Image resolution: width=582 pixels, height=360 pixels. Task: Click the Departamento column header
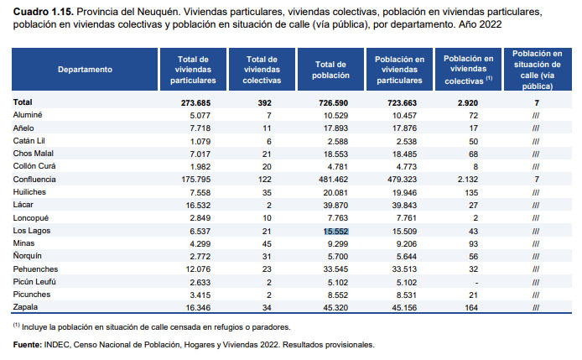tap(85, 70)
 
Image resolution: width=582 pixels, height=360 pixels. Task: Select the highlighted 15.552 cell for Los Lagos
tap(335, 231)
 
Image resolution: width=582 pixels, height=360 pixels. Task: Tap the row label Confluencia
tap(34, 180)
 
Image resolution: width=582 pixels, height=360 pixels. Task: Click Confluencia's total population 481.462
tap(333, 180)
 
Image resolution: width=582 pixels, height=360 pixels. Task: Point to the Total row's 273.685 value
tap(195, 103)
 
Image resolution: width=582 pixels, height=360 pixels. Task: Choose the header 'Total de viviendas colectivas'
tap(262, 70)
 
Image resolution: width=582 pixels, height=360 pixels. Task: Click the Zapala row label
tap(25, 307)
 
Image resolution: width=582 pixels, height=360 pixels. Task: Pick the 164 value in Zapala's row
tap(471, 308)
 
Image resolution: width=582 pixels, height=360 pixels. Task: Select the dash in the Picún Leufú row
tap(476, 283)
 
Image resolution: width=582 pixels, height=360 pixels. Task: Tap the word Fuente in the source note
tap(28, 345)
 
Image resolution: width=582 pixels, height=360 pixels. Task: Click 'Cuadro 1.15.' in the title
tap(44, 12)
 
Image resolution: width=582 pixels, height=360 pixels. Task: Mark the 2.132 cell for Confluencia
tap(468, 180)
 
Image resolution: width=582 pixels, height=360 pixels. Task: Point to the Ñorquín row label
tap(28, 256)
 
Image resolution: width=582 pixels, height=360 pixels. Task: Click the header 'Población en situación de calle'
tap(538, 70)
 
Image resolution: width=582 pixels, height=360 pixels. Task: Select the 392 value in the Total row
tap(265, 103)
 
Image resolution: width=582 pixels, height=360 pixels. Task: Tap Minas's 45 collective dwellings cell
tap(267, 244)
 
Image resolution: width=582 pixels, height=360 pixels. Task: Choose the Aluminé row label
tap(28, 115)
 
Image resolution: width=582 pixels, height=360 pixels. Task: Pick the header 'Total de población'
tap(330, 70)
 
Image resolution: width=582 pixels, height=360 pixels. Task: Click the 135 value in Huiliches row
tap(471, 193)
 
